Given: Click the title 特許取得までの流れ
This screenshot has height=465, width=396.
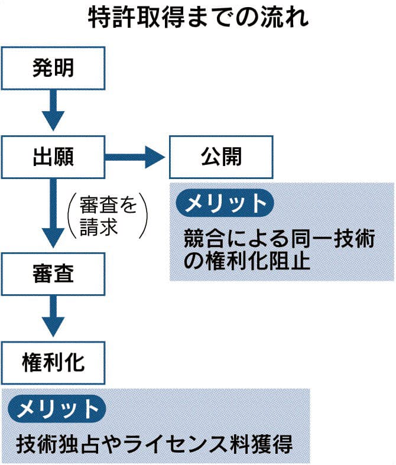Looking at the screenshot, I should pos(198,19).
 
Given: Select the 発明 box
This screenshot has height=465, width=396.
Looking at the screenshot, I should pos(53,69).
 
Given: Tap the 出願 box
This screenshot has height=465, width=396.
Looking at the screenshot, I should pos(53,157).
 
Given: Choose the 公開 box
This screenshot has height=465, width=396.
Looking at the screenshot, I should pos(221,157).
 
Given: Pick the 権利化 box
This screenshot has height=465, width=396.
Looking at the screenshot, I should pos(53,362).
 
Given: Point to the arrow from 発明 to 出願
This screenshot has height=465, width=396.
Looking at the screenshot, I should pos(53,110).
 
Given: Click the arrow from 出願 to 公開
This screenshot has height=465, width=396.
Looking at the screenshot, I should pos(136,157).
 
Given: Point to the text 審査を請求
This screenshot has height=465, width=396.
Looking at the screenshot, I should pos(108,216).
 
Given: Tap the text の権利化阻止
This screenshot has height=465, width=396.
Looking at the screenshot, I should pos(247,261).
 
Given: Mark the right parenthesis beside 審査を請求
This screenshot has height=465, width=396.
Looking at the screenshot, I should pos(143,216).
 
